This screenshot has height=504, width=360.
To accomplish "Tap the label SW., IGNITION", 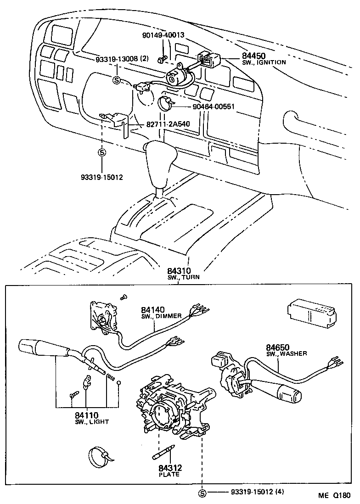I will pos(264,62).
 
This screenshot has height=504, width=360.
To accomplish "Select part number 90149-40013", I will pos(163,35).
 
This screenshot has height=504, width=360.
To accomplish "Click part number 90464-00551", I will pos(214,106).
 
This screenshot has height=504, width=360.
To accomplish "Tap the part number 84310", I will pos(179,271).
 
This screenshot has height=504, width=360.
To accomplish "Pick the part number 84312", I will pos(170,468).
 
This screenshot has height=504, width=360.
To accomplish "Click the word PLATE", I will pos(169,475).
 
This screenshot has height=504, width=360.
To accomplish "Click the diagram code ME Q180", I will pos(335,496).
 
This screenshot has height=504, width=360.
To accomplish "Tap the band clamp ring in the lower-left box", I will pos(100,457).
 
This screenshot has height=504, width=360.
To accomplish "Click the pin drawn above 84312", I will pos(161,454).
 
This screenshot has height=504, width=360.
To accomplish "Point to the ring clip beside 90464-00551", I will pos(166,104).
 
